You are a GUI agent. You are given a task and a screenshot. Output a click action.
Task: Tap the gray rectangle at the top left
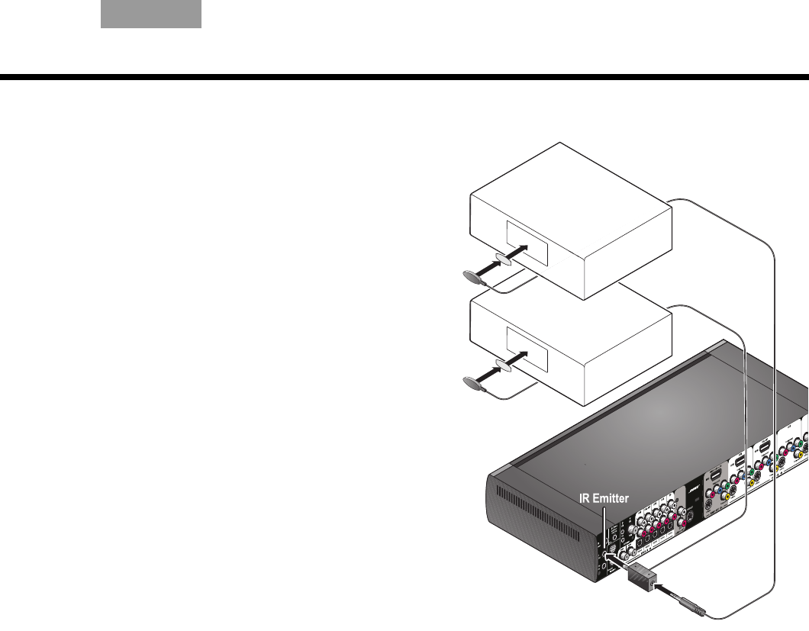point(151,14)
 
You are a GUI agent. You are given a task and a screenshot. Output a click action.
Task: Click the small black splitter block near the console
point(644,582)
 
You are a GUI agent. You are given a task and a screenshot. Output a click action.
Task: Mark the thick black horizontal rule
point(404,77)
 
